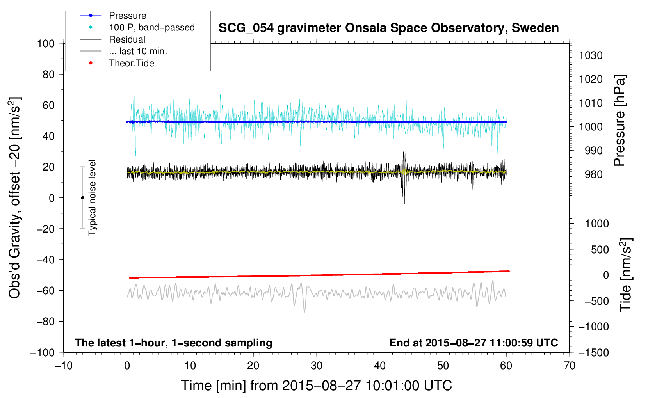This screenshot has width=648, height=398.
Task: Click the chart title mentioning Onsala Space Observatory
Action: pyautogui.click(x=388, y=28)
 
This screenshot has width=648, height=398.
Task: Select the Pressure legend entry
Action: pyautogui.click(x=127, y=16)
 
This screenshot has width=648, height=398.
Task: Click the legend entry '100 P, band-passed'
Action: pyautogui.click(x=151, y=27)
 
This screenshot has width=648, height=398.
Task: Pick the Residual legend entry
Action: pyautogui.click(x=127, y=39)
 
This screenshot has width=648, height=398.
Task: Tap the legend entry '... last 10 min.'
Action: pyautogui.click(x=138, y=51)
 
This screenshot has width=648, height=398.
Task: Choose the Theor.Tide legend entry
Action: pyautogui.click(x=131, y=63)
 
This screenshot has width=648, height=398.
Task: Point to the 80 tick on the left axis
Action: pyautogui.click(x=48, y=74)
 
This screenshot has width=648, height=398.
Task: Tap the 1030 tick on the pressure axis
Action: pyautogui.click(x=591, y=55)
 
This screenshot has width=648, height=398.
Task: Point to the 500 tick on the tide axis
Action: pyautogui.click(x=600, y=249)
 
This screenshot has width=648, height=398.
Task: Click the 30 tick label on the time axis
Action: pyautogui.click(x=317, y=366)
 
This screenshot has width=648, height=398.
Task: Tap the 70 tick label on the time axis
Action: pyautogui.click(x=570, y=366)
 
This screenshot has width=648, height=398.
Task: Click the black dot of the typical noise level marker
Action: pyautogui.click(x=82, y=198)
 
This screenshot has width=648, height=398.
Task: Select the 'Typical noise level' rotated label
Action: pyautogui.click(x=92, y=197)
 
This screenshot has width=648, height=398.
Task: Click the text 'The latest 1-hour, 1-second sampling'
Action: pyautogui.click(x=173, y=343)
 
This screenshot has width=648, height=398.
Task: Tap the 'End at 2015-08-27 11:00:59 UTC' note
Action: pyautogui.click(x=474, y=343)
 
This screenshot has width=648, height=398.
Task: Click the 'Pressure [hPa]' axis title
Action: pyautogui.click(x=620, y=121)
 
